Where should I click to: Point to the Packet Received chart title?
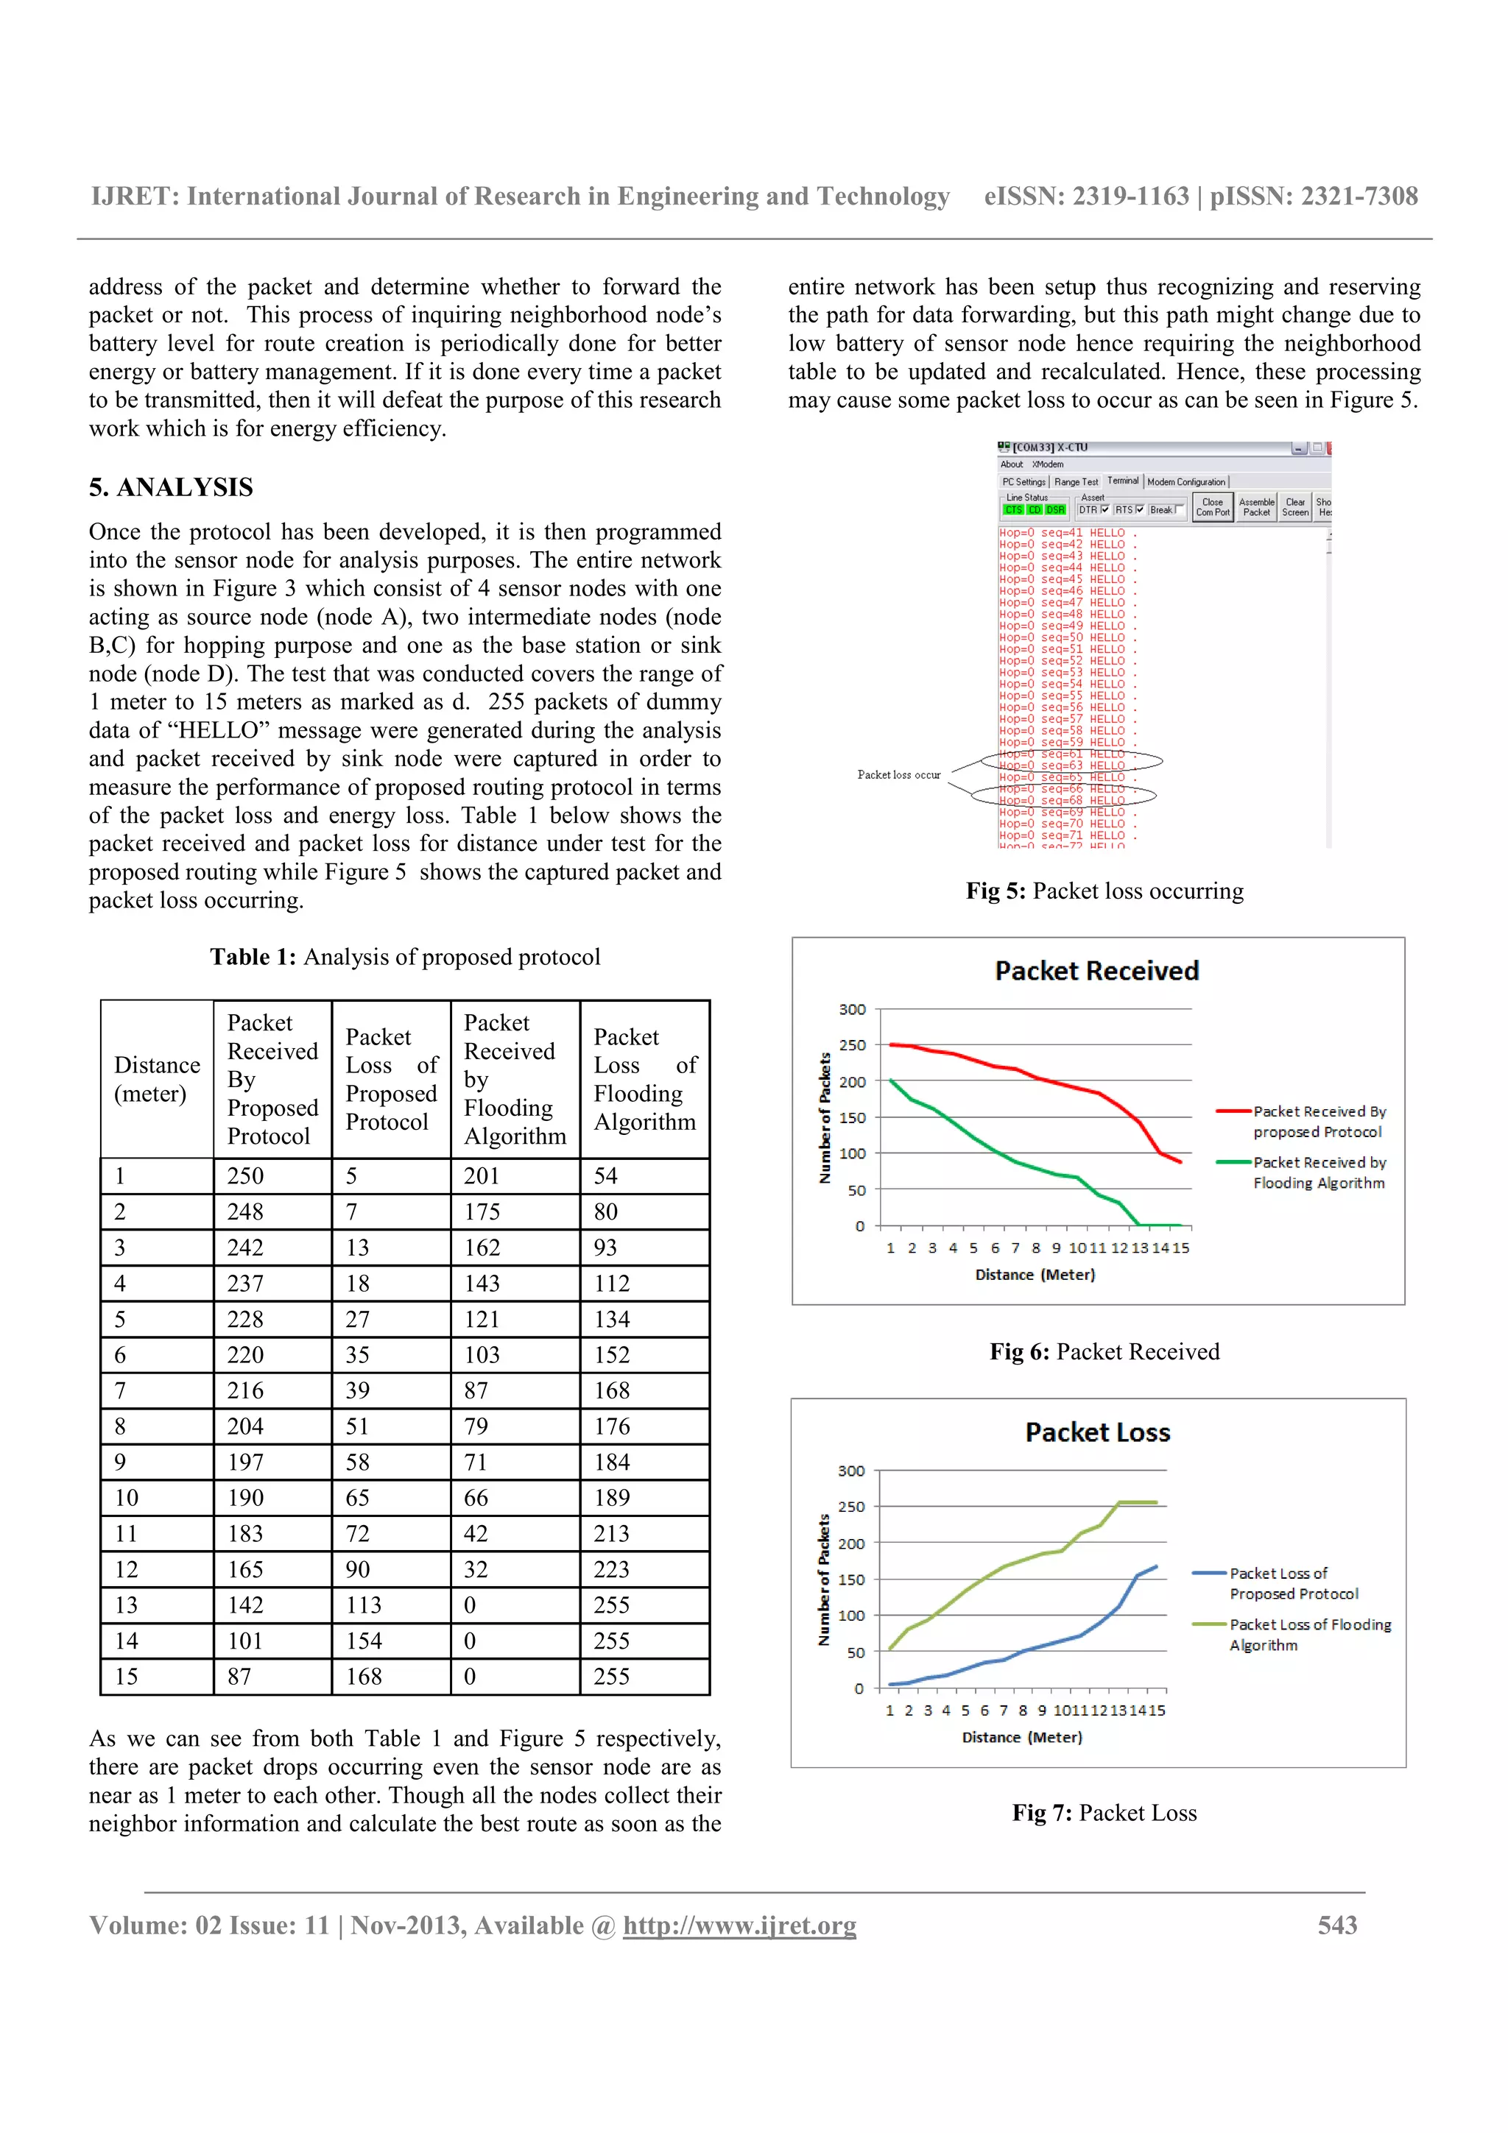[x=1096, y=971]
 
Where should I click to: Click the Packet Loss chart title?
[x=1097, y=1432]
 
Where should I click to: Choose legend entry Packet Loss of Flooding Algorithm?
[x=1309, y=1634]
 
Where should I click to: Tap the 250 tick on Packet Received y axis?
[x=852, y=1045]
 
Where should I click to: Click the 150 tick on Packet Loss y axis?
[x=851, y=1580]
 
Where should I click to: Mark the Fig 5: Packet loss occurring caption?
[x=1104, y=891]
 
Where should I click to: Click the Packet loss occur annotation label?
[x=898, y=775]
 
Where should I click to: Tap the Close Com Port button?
[x=1213, y=507]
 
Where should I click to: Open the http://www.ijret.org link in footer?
[x=739, y=1925]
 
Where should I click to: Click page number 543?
[x=1337, y=1924]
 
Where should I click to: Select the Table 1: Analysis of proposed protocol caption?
[x=405, y=957]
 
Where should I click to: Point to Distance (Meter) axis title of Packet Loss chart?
[x=1022, y=1737]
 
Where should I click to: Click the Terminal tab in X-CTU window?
[x=1122, y=481]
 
